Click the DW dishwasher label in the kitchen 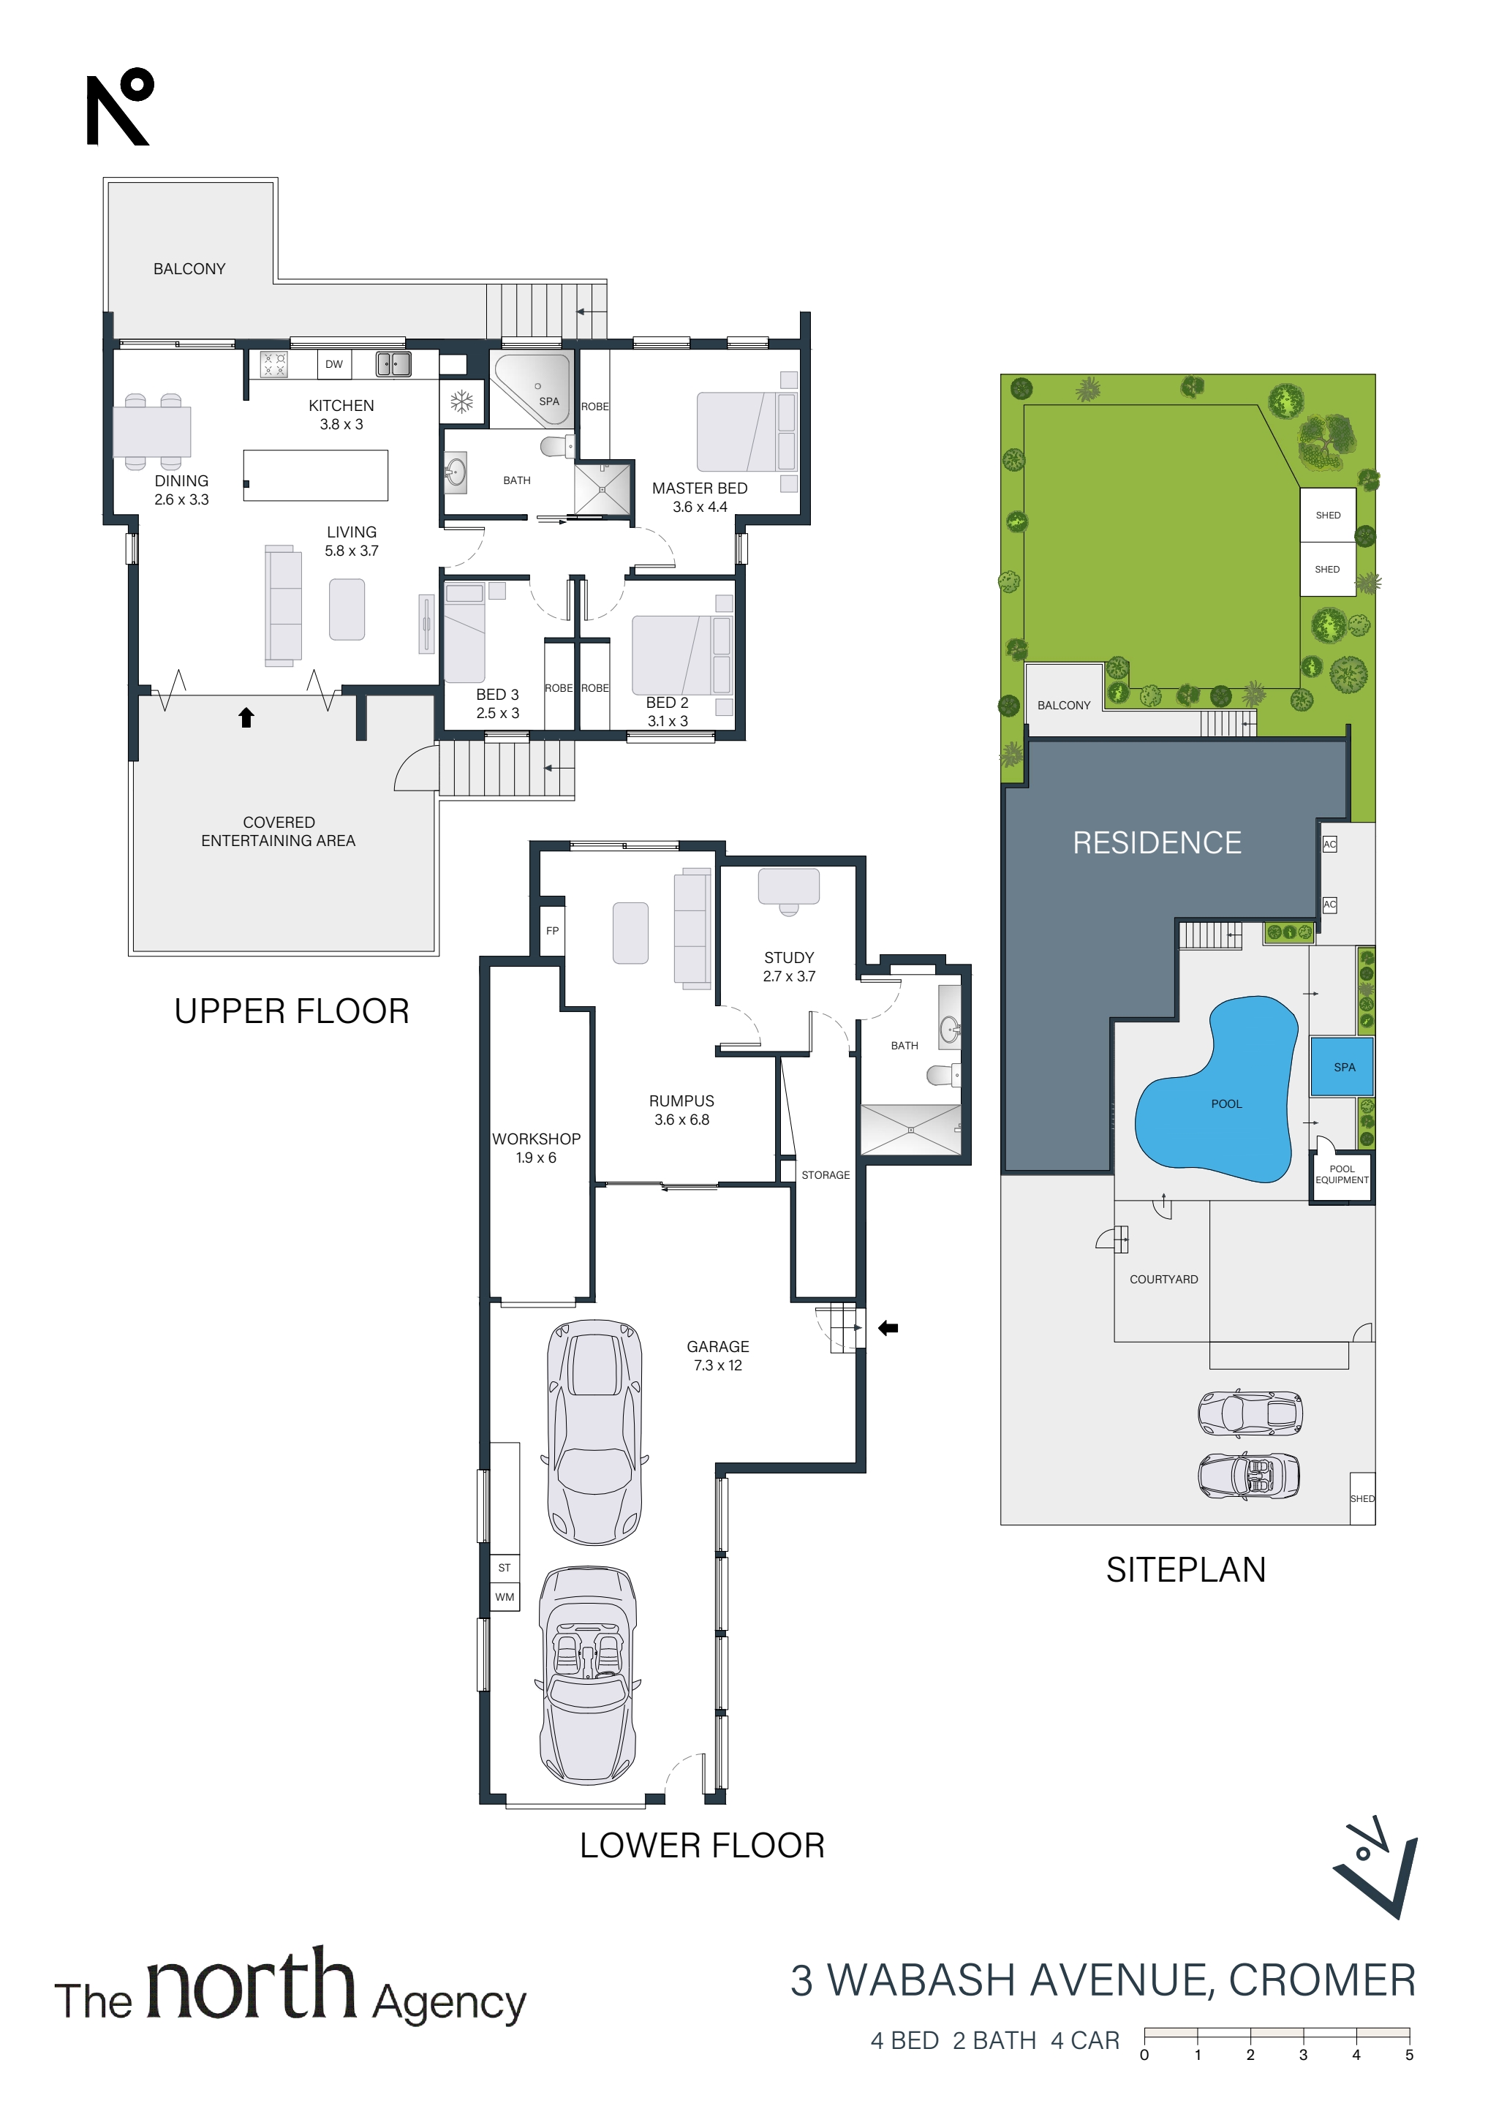tap(334, 364)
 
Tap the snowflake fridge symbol tap(461, 401)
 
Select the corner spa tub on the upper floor tap(533, 389)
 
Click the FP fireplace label tap(552, 931)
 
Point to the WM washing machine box tap(505, 1597)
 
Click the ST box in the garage tap(505, 1569)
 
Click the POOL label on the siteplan tap(1226, 1104)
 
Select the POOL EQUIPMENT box tap(1341, 1176)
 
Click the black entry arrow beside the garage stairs tap(888, 1328)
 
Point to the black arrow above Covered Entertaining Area tap(246, 717)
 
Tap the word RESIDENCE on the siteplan tap(1157, 843)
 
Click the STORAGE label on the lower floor tap(826, 1175)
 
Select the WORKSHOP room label tap(537, 1139)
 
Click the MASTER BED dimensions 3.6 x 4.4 tap(700, 507)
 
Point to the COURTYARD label tap(1163, 1280)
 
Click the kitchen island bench tap(316, 475)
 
